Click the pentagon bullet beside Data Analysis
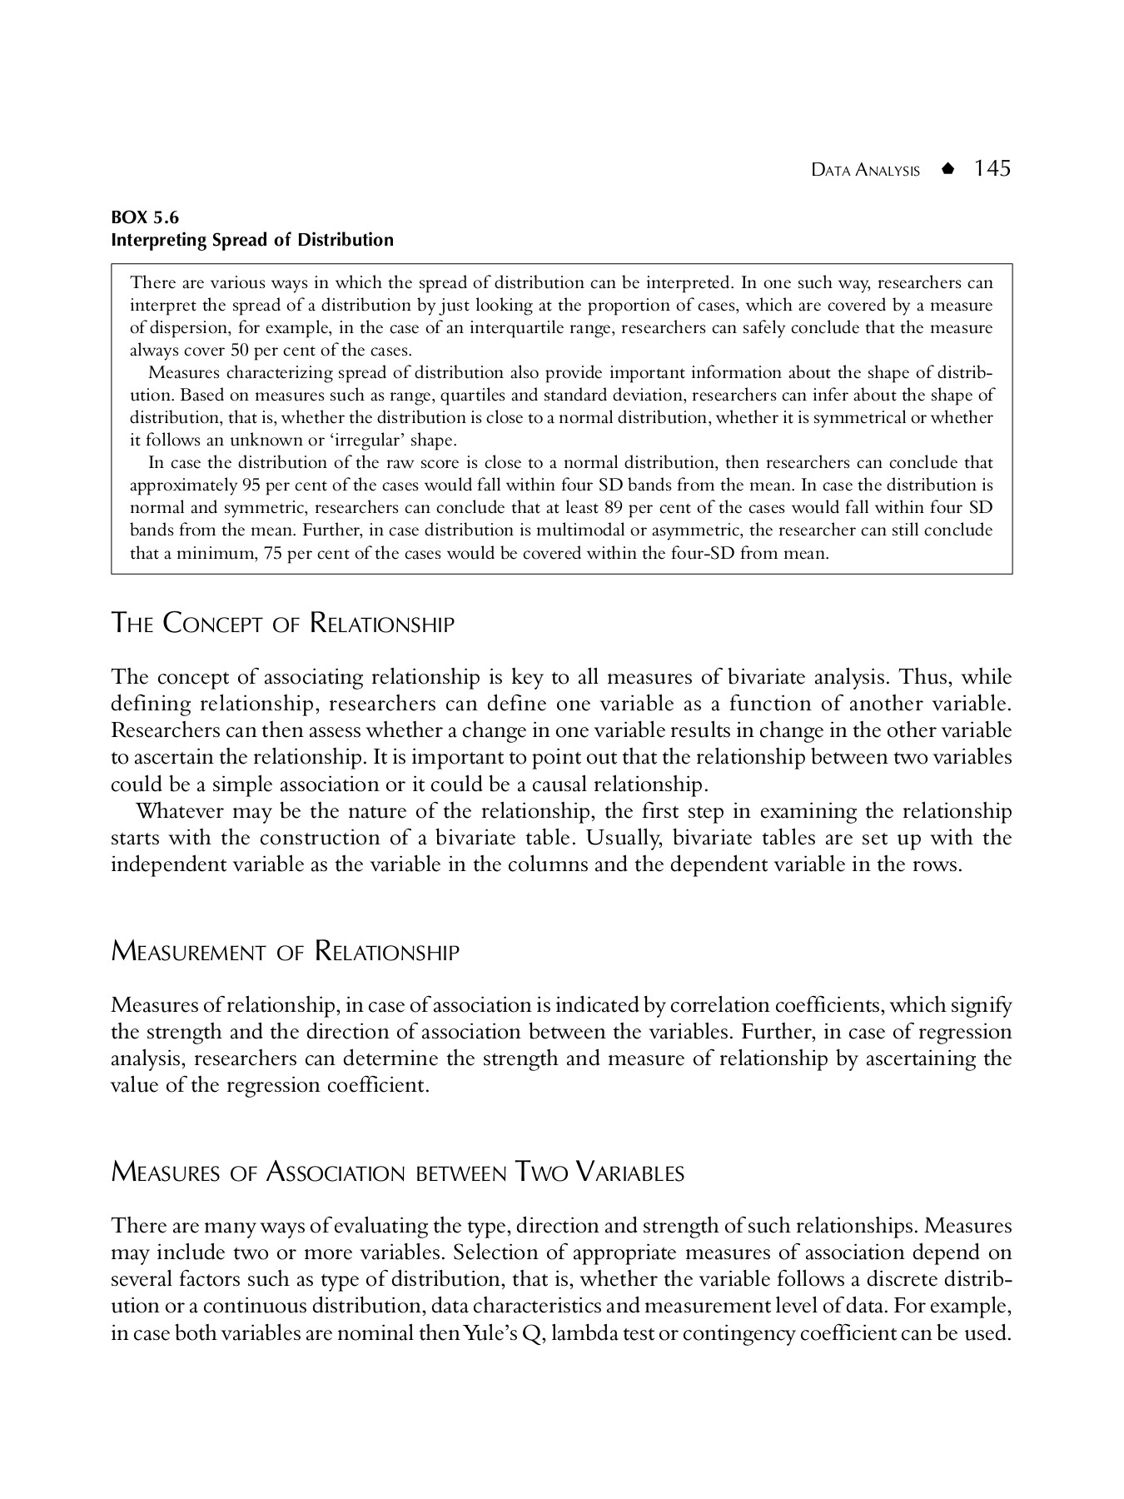point(947,170)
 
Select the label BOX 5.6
point(145,218)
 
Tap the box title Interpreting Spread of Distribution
point(252,241)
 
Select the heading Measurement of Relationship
point(285,951)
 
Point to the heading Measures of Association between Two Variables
point(398,1173)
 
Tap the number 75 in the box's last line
point(272,552)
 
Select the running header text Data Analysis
point(866,171)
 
